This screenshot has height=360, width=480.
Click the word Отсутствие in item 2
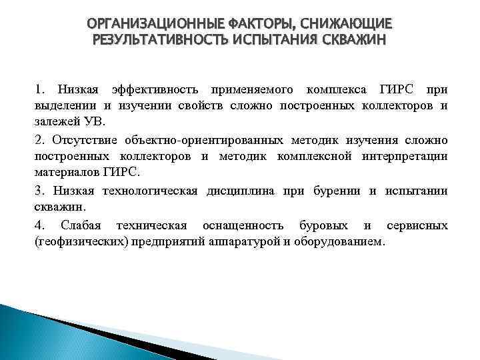81,141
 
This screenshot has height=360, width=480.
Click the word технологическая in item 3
155,191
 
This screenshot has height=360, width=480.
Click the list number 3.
39,191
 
